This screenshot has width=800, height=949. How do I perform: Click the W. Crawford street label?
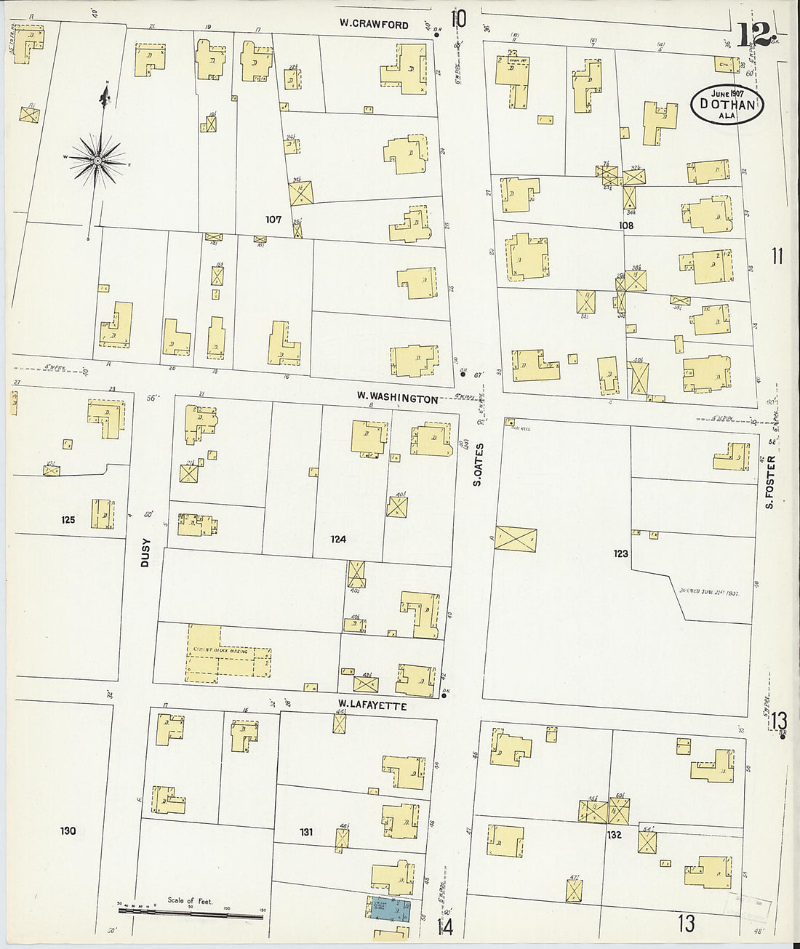(374, 24)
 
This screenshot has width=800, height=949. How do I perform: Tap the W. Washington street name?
(397, 399)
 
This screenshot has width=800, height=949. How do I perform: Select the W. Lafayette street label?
(372, 704)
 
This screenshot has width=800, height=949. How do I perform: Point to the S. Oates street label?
(478, 464)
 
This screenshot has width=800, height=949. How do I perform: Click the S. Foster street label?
(769, 481)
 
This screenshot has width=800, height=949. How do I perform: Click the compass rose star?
(97, 159)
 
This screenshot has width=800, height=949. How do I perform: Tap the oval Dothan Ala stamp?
(727, 104)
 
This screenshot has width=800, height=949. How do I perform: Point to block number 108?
(626, 225)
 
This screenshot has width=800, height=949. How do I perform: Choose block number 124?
(337, 539)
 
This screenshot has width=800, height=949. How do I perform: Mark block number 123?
(620, 553)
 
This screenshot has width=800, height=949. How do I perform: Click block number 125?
(68, 519)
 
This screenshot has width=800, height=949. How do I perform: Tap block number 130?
(68, 830)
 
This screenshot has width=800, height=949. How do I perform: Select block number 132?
(615, 835)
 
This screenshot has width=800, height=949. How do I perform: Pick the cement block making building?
(228, 653)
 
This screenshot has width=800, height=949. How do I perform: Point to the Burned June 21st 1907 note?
(708, 593)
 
